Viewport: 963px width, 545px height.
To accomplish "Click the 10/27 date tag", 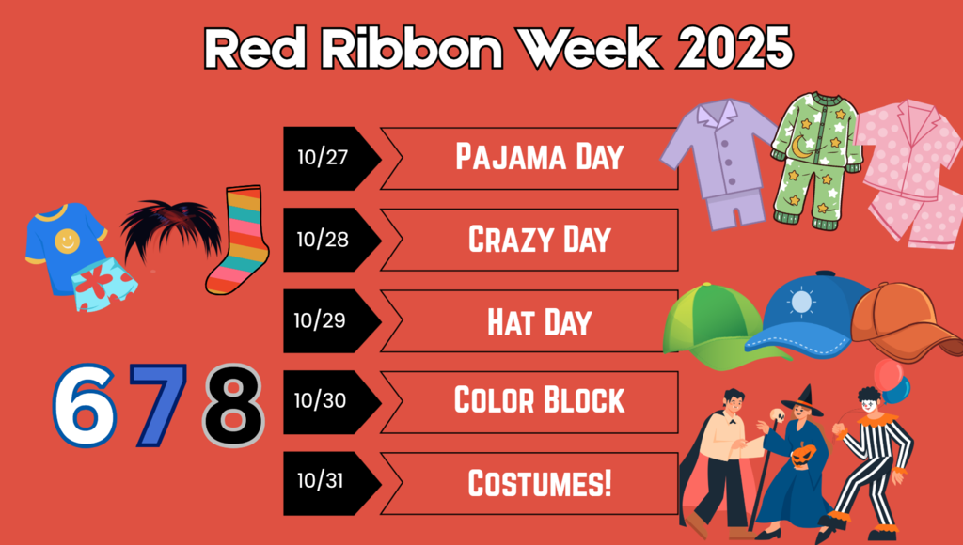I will coord(324,158).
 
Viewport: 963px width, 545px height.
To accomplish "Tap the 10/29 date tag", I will coord(324,320).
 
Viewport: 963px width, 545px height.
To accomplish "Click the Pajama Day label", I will coord(539,157).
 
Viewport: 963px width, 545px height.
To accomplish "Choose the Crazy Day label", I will coord(539,240).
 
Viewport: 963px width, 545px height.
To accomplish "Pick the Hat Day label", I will coord(539,321).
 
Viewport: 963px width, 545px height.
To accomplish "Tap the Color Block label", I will coord(539,401).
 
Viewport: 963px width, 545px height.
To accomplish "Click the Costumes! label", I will coord(539,484).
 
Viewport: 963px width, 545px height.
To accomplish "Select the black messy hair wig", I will coord(169,230).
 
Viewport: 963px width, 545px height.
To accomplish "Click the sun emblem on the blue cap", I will coord(801,302).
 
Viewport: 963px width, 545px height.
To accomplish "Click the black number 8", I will coord(232,404).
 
